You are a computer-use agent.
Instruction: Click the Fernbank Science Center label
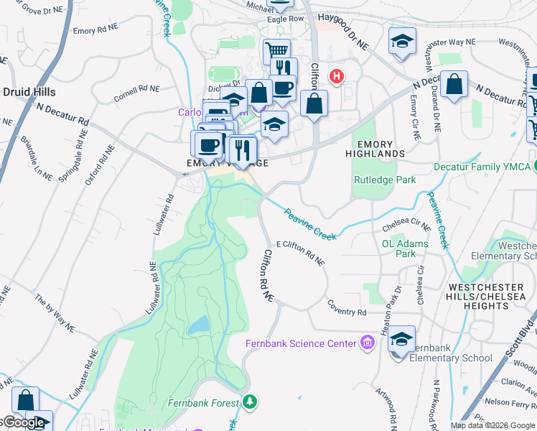point(301,343)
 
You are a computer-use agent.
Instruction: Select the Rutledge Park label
point(385,180)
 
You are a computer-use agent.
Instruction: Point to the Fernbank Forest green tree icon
point(249,402)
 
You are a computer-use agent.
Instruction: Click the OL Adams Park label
point(405,249)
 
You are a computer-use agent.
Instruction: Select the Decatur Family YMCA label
point(481,167)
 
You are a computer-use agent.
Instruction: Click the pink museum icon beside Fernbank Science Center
point(368,343)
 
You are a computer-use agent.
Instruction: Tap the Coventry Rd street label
point(347,312)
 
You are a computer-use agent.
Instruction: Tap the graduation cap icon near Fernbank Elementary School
point(402,338)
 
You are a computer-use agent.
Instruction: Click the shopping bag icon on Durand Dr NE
point(454,84)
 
